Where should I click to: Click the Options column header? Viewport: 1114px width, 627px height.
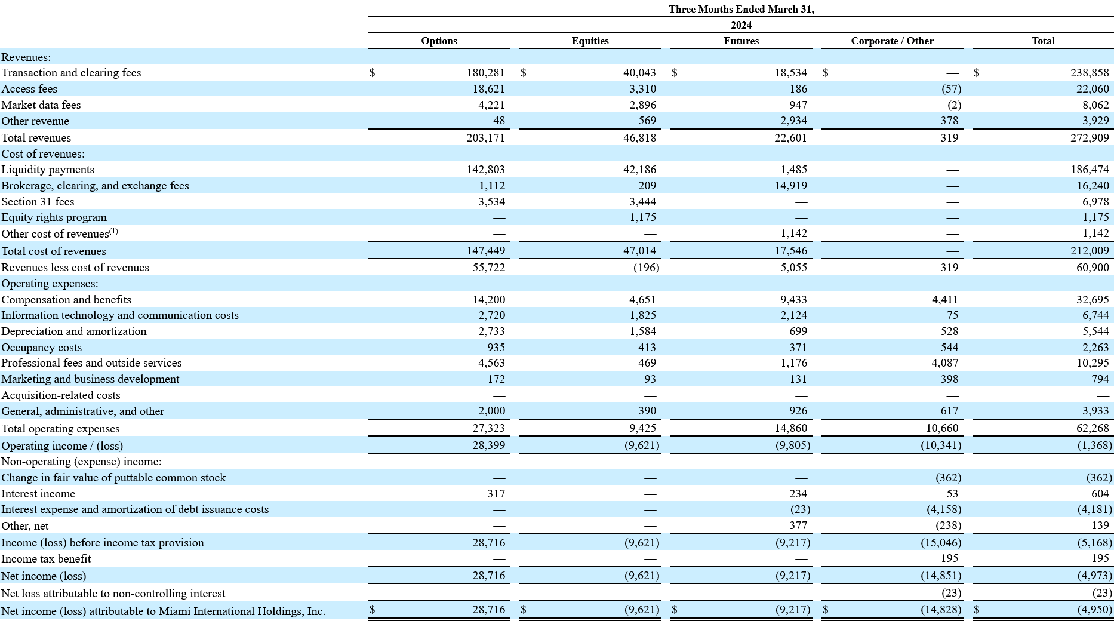439,41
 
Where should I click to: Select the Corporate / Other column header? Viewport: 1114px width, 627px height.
892,41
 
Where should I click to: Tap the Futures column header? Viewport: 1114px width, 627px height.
741,41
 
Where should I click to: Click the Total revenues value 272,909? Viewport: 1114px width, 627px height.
1090,137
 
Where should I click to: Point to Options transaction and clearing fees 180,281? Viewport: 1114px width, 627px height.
485,73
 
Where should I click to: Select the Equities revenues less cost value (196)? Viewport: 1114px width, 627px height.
646,268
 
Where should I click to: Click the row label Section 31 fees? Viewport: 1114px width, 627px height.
38,202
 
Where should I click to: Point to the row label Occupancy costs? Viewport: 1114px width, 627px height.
41,348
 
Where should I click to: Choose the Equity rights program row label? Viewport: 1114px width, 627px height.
54,217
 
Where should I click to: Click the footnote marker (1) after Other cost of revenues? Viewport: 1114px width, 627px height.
113,232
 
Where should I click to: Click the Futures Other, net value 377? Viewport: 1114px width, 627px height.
798,525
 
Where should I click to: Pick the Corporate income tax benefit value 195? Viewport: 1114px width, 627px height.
949,558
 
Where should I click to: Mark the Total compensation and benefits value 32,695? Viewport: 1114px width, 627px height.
1093,300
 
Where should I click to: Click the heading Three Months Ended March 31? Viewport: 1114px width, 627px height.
741,9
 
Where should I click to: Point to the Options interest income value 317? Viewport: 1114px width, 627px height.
496,494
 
